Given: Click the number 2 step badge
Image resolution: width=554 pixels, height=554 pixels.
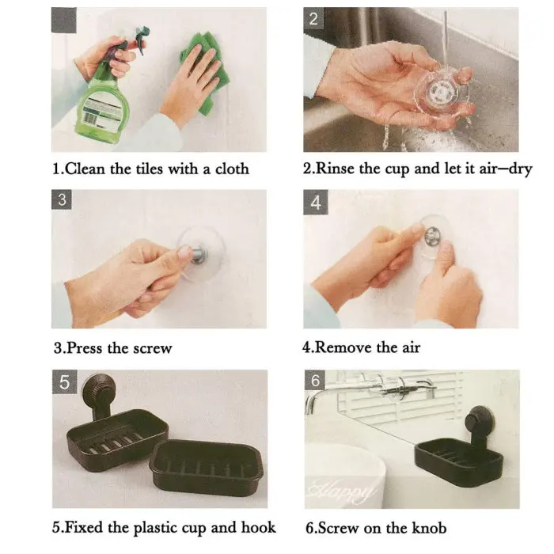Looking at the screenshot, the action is coord(313,18).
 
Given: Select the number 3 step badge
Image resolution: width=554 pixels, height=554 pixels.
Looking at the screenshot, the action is coord(62,199).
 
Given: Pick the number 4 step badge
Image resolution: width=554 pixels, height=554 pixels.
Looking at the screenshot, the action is coord(316,202).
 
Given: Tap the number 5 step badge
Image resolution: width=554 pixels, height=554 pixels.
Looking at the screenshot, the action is coord(65,381).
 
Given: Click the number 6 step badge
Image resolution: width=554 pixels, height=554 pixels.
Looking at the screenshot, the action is coord(315,380).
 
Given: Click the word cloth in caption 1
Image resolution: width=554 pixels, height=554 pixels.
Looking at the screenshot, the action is coord(232,169).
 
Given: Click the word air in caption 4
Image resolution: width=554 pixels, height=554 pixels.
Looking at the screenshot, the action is coord(412,347).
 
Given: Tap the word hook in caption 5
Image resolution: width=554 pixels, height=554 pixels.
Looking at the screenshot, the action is coord(258,527).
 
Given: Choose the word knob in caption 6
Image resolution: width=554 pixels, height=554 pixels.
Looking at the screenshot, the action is coord(429,528).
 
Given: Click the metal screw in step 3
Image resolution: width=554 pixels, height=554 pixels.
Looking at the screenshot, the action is coord(199,255).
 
